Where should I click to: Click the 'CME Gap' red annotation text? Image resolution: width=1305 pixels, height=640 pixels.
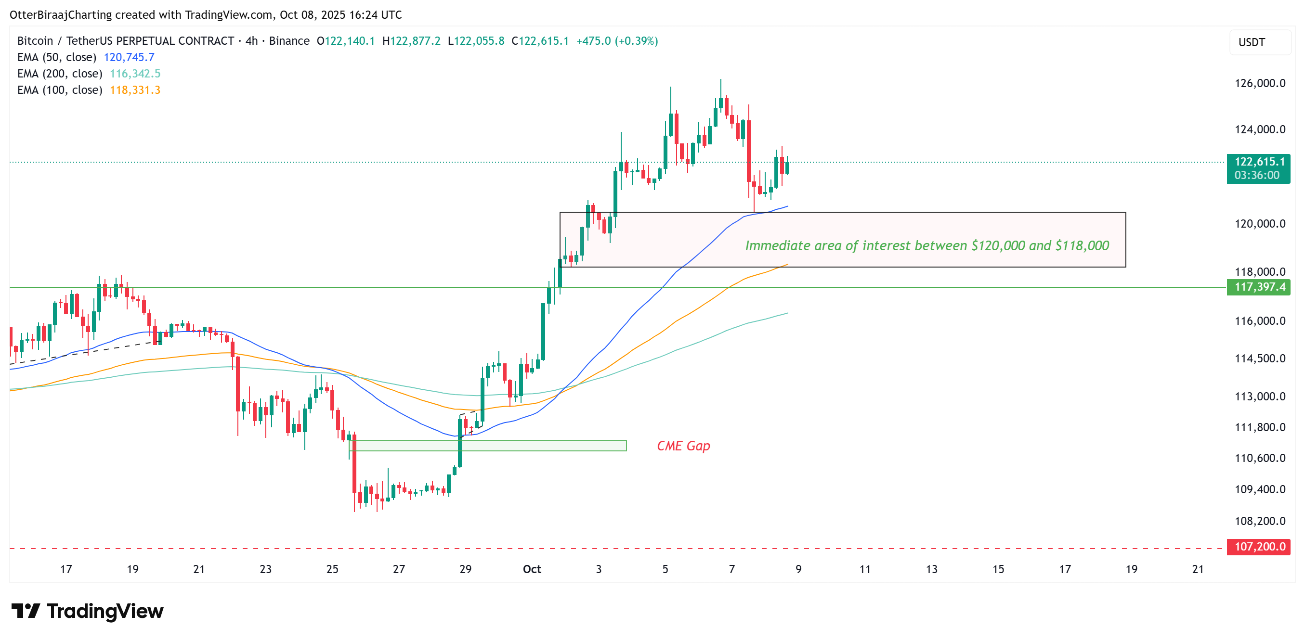pyautogui.click(x=683, y=446)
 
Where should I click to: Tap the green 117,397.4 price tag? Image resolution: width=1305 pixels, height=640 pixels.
pyautogui.click(x=1258, y=287)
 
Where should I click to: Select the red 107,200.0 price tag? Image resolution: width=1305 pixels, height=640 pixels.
pyautogui.click(x=1258, y=546)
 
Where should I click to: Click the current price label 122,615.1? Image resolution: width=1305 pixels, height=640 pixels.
pyautogui.click(x=1258, y=162)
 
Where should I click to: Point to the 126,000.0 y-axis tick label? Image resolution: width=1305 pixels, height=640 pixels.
pyautogui.click(x=1259, y=83)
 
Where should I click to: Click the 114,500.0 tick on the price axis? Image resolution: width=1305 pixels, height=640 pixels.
pyautogui.click(x=1259, y=358)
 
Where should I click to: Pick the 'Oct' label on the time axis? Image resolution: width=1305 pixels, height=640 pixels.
pyautogui.click(x=532, y=569)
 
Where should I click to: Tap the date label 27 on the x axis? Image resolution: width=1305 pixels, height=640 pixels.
pyautogui.click(x=399, y=569)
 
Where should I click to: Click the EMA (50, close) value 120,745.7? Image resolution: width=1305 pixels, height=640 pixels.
pyautogui.click(x=129, y=57)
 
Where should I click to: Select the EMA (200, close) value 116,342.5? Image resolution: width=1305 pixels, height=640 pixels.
pyautogui.click(x=135, y=74)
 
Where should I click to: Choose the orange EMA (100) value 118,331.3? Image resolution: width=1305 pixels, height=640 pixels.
pyautogui.click(x=135, y=90)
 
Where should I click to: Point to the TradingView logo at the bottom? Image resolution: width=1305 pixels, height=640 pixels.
pyautogui.click(x=87, y=611)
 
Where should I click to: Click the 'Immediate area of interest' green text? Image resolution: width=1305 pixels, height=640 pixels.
pyautogui.click(x=927, y=245)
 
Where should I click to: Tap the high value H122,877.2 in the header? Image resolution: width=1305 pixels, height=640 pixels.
pyautogui.click(x=411, y=41)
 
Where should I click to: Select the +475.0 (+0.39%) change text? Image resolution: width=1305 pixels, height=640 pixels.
pyautogui.click(x=616, y=41)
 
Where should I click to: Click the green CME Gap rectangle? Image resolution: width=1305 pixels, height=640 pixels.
pyautogui.click(x=507, y=446)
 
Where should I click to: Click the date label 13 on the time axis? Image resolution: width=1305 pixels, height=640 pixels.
pyautogui.click(x=931, y=569)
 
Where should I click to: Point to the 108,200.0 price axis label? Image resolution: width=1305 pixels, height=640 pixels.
pyautogui.click(x=1259, y=521)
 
